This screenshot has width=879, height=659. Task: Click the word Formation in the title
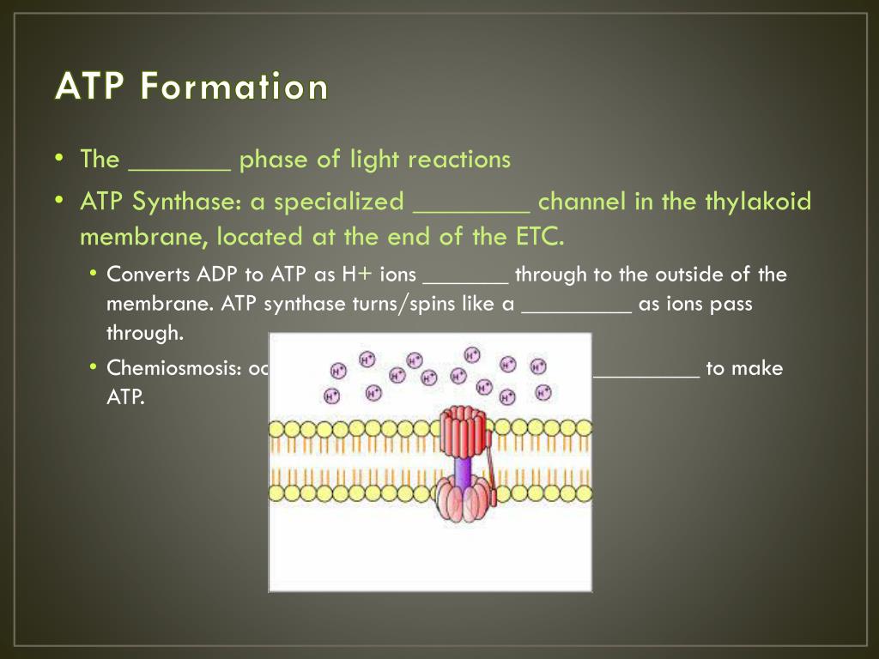coord(234,87)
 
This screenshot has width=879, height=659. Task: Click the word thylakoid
coord(758,203)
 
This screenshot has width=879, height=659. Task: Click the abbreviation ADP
coord(219,275)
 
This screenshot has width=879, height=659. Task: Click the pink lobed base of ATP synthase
coord(464,503)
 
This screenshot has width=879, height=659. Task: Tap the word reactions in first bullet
coord(459,160)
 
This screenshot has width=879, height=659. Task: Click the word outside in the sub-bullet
coord(686,275)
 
